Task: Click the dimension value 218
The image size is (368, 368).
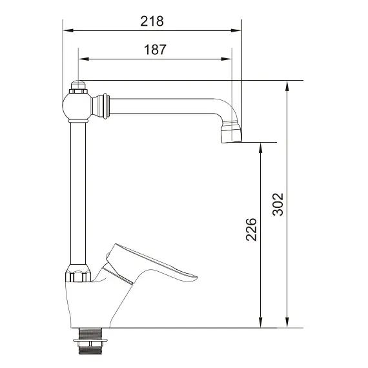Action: tap(152, 21)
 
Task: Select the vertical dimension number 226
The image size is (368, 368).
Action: tap(251, 230)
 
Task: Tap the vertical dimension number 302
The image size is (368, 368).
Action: tap(278, 204)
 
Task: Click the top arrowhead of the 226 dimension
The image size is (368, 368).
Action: tap(261, 146)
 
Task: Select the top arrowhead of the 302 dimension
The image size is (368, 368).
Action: tap(287, 84)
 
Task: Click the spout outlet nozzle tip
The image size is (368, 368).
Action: tap(231, 134)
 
